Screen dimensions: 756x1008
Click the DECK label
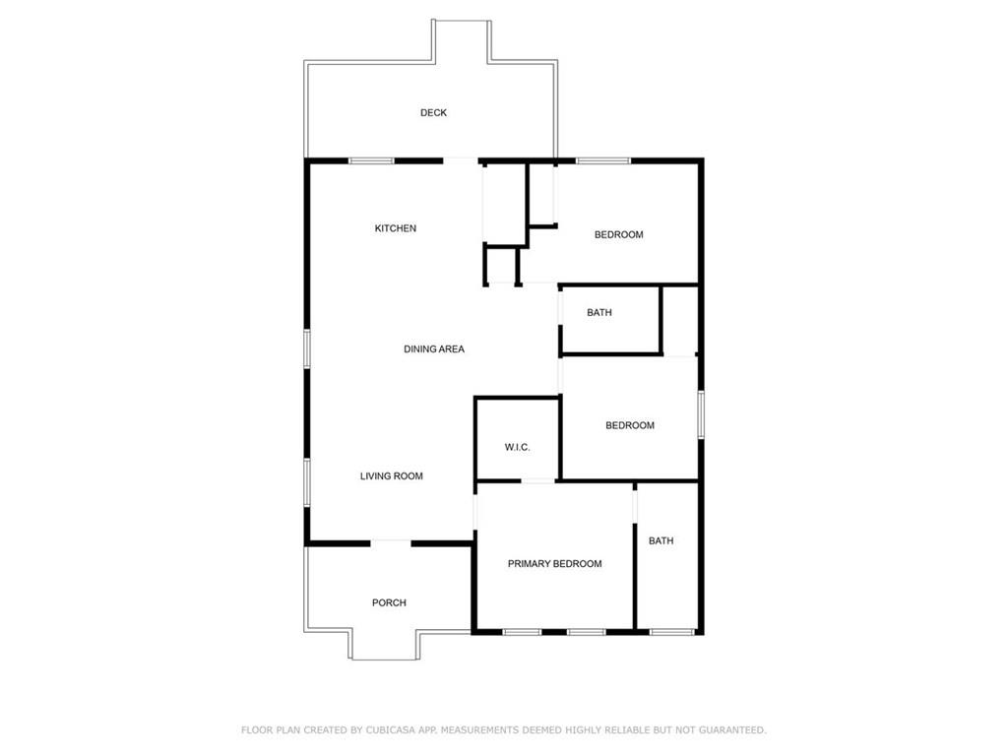[x=433, y=113]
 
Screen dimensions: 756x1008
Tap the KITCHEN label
[x=396, y=228]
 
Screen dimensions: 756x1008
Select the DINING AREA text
[x=434, y=349]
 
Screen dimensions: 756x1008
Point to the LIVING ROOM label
[x=392, y=476]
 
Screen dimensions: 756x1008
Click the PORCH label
[x=389, y=602]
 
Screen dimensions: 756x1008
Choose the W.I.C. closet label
[x=518, y=448]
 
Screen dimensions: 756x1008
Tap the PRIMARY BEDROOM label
[x=554, y=564]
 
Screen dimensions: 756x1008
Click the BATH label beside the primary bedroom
[x=661, y=540]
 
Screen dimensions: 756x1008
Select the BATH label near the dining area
[x=599, y=313]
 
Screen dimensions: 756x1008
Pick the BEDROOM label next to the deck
[x=619, y=234]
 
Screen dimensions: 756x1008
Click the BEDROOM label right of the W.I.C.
[x=630, y=425]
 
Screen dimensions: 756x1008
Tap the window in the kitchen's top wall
[x=372, y=160]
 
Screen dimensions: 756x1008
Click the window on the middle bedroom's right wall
[x=701, y=413]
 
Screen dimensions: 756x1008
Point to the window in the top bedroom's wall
[x=603, y=160]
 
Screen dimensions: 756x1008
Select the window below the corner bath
[x=673, y=631]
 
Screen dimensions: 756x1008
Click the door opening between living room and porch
[x=391, y=541]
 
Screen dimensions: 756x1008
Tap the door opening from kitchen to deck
[x=462, y=160]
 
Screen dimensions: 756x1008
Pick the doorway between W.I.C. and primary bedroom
[x=537, y=481]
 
